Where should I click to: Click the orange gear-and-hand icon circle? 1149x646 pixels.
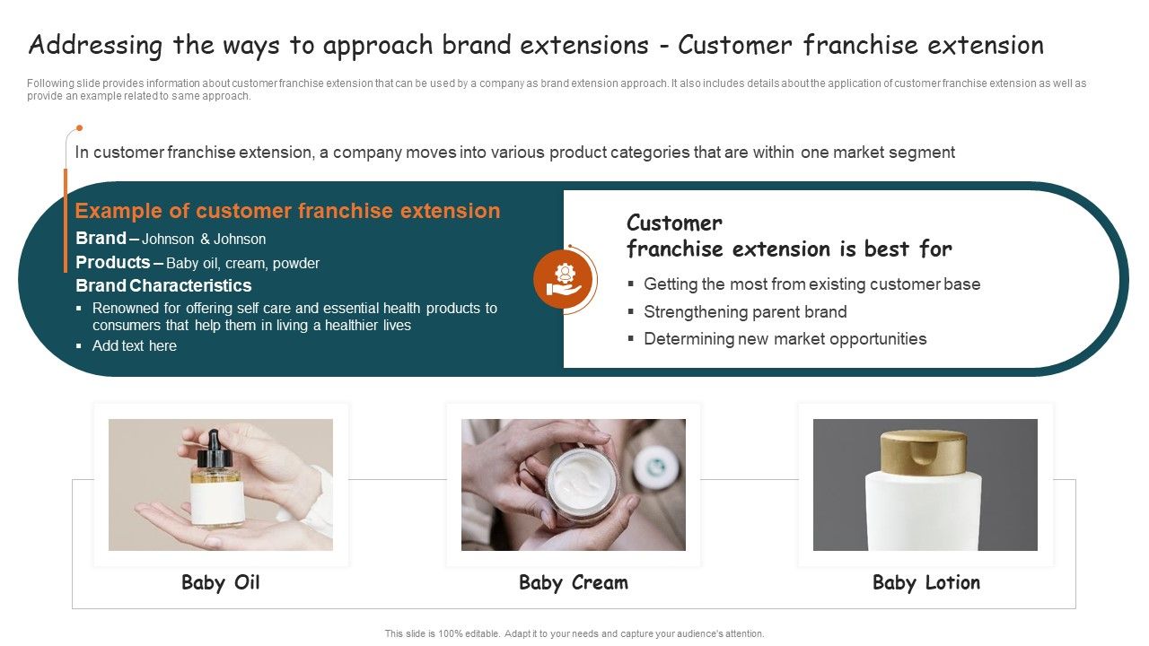point(564,278)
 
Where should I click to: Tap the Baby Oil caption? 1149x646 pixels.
point(220,582)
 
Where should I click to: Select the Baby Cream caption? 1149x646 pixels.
point(573,582)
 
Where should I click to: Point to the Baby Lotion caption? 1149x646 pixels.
point(925,582)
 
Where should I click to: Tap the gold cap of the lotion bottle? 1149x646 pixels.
point(924,450)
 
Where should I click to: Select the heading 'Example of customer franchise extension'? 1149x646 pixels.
point(287,211)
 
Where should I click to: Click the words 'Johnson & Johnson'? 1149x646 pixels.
point(204,239)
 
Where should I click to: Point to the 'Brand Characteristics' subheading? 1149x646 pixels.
point(163,285)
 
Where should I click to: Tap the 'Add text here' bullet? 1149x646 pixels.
point(134,345)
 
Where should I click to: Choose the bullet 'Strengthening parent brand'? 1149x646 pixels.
point(745,311)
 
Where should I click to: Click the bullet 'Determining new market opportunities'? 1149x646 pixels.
point(785,338)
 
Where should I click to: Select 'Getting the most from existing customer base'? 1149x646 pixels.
point(811,284)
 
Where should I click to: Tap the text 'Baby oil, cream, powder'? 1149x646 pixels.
point(242,263)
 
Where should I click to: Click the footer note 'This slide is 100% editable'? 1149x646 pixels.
point(574,633)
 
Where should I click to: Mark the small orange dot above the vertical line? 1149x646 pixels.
point(79,128)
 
